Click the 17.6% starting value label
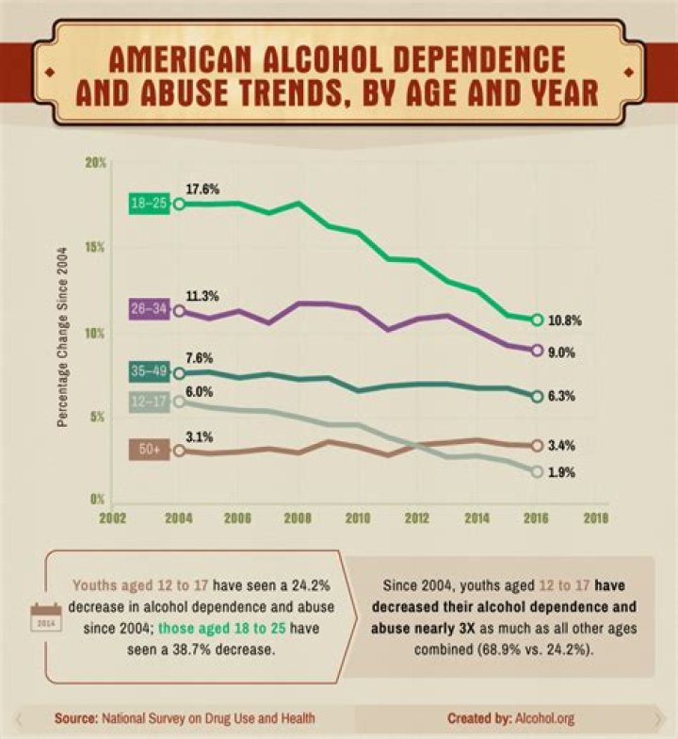pyautogui.click(x=202, y=189)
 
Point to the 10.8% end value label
pyautogui.click(x=565, y=320)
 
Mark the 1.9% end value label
pyautogui.click(x=561, y=472)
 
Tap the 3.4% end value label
pyautogui.click(x=561, y=446)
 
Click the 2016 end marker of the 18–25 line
pyautogui.click(x=537, y=320)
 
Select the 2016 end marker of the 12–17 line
pyautogui.click(x=537, y=470)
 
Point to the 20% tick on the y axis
pyautogui.click(x=95, y=162)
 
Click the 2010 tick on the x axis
pyautogui.click(x=357, y=518)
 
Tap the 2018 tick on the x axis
pyautogui.click(x=595, y=518)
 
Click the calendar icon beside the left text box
pyautogui.click(x=44, y=619)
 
